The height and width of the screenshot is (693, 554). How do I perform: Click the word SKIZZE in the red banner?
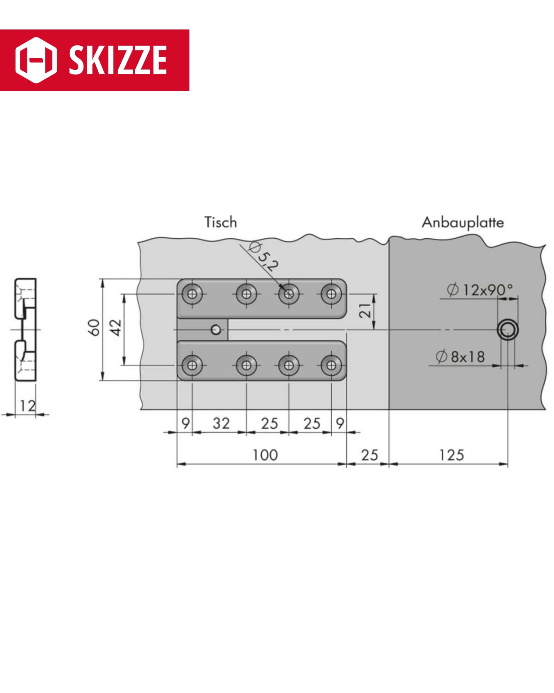coord(118,60)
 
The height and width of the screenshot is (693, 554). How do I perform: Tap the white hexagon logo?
coord(36,60)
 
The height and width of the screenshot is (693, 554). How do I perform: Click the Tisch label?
coord(221,222)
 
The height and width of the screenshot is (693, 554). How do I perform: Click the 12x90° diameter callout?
coord(480,290)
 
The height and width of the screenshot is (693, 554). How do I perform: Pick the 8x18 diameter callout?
coord(460,356)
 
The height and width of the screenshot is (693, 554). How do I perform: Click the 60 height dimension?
coord(94,327)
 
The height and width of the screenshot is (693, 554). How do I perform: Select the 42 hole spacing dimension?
coord(116,327)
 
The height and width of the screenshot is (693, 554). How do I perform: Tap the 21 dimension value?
coord(365,310)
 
